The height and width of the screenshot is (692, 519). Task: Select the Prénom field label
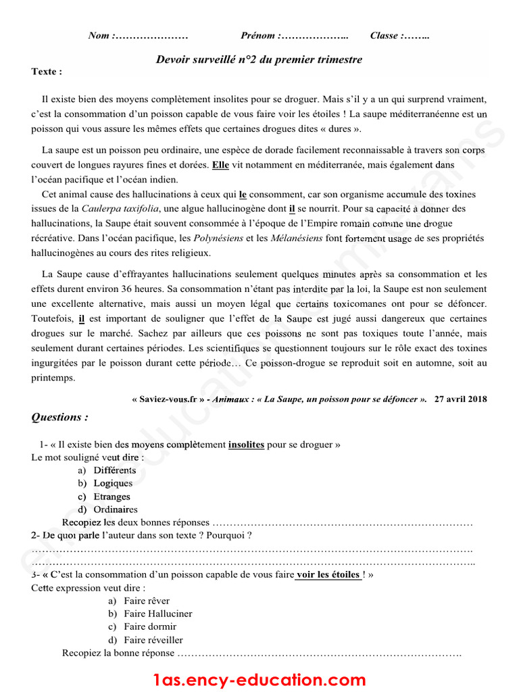(259, 36)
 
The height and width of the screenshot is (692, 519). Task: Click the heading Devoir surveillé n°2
(259, 59)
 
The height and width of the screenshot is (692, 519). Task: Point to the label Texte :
(47, 72)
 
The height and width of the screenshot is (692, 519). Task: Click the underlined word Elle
(220, 165)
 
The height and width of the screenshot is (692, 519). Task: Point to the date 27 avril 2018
(462, 399)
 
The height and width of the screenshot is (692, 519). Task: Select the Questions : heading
(59, 418)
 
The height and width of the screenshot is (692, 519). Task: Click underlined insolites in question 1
(246, 445)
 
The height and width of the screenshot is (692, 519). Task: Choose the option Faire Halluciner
(157, 614)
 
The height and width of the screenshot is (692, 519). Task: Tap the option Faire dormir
(150, 626)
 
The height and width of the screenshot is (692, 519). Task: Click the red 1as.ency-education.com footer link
(259, 680)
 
